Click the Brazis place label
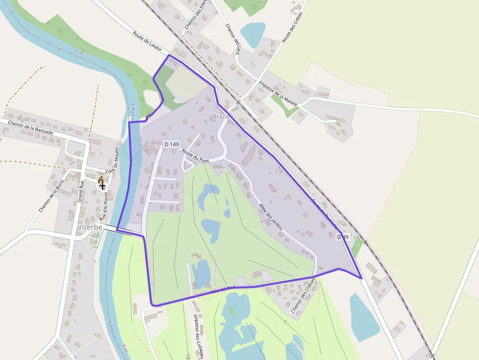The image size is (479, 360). click(x=221, y=117)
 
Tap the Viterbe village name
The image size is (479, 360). click(x=89, y=228)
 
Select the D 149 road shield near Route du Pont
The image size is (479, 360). click(x=172, y=144)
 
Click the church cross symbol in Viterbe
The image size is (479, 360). click(x=102, y=186)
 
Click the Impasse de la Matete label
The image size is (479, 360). click(x=278, y=90)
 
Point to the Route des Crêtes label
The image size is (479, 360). click(x=293, y=27)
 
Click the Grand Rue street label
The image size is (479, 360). click(x=82, y=191)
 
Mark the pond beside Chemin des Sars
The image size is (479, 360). click(x=252, y=33)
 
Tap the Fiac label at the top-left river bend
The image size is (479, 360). click(x=80, y=52)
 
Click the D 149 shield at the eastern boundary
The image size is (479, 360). click(x=343, y=237)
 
